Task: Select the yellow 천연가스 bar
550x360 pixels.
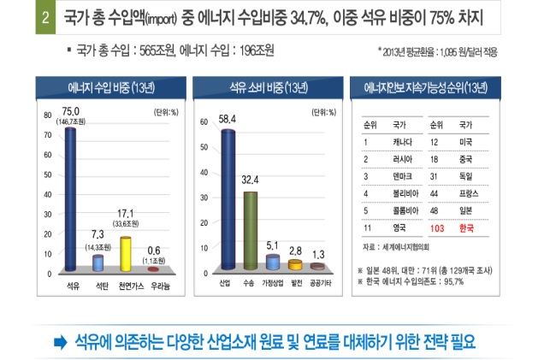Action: pos(126,253)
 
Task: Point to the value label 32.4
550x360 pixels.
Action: pos(250,181)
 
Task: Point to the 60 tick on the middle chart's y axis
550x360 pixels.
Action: pos(203,122)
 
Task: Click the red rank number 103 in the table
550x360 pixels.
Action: pos(437,229)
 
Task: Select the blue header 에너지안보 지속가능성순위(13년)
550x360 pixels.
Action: pos(426,87)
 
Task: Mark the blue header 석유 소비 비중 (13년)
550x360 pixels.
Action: pos(265,87)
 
